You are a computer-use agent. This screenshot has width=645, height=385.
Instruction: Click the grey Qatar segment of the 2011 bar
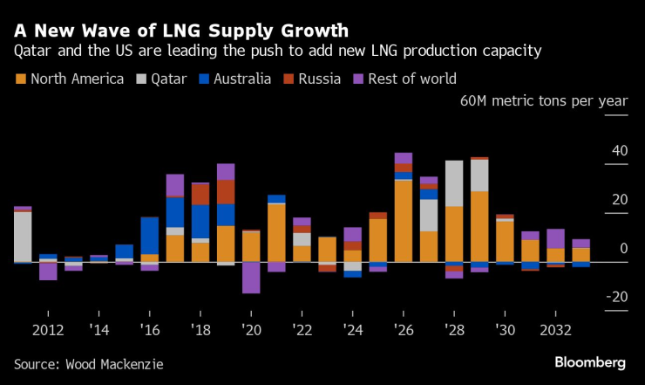23,236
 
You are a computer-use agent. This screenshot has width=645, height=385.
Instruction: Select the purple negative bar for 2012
48,271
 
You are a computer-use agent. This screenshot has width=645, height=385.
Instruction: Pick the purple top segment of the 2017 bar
175,185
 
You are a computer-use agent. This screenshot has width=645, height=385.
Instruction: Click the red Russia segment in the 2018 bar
200,194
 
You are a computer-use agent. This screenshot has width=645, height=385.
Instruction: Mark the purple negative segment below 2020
251,278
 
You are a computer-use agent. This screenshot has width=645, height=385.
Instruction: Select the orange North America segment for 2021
276,232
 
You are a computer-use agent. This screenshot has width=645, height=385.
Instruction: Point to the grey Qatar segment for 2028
453,183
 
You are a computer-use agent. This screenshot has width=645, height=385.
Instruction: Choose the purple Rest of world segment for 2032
555,238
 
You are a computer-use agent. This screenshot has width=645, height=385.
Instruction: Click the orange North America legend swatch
20,79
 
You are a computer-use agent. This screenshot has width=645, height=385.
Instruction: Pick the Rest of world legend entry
409,79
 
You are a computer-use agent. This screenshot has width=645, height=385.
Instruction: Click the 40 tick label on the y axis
619,151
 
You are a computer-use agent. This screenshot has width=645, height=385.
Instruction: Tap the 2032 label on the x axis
555,331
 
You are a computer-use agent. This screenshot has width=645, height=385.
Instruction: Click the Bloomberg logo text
590,362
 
